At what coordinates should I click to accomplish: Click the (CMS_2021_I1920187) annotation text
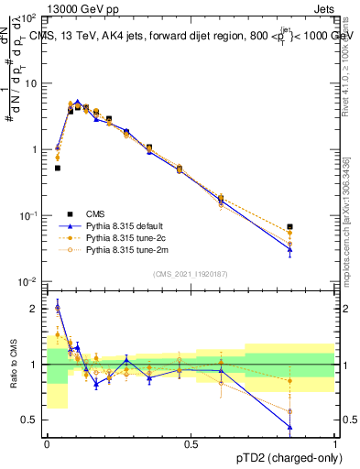[191, 274]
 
